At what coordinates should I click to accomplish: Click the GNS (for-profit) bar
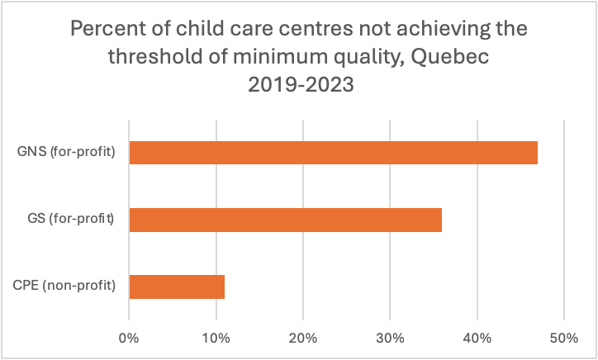point(333,153)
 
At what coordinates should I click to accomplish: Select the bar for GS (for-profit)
point(285,220)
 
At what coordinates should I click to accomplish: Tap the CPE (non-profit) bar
point(177,287)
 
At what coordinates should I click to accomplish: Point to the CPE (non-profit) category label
point(64,287)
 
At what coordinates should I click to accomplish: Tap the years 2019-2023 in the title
point(298,84)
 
